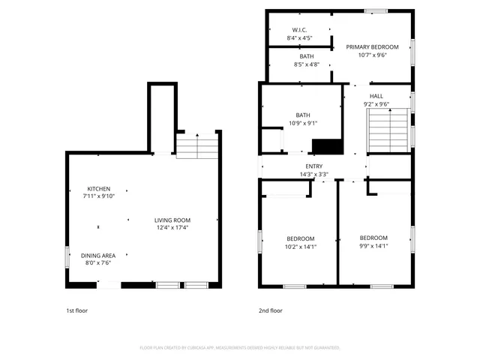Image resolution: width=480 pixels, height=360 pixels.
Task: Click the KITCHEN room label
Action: (99, 188)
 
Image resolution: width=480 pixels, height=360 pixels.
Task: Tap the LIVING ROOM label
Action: (172, 220)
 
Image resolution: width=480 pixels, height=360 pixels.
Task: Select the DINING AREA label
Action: (98, 256)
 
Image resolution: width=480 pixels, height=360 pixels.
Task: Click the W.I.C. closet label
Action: (298, 30)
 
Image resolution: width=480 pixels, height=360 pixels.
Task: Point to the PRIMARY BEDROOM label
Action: (373, 46)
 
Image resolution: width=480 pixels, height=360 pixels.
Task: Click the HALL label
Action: (376, 96)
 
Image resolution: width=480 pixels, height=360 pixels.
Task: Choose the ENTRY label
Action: (314, 166)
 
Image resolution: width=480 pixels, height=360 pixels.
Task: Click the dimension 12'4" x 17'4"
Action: (172, 228)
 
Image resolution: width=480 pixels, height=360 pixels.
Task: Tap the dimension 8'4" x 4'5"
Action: (298, 37)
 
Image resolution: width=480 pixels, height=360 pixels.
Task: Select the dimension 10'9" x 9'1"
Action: (302, 123)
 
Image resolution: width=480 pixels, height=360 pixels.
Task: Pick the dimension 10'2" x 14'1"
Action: (300, 247)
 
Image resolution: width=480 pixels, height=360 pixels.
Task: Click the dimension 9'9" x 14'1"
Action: (373, 245)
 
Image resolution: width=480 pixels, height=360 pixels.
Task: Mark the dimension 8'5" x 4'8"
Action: (307, 64)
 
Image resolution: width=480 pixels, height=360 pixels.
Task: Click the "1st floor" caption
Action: (76, 310)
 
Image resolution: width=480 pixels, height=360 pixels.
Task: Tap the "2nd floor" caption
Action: (271, 310)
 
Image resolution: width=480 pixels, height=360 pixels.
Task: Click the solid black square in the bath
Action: (325, 146)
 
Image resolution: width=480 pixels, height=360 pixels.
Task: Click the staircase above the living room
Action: (196, 145)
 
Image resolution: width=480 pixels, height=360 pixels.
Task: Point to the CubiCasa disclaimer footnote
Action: (240, 348)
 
